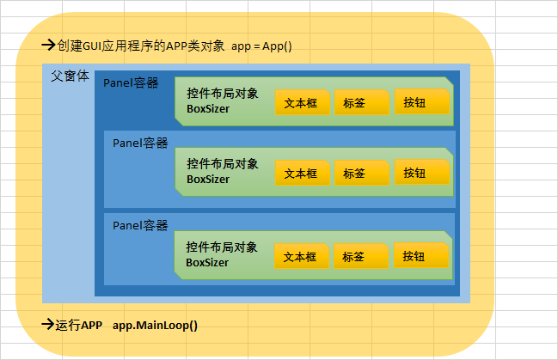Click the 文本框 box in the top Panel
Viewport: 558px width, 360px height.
301,102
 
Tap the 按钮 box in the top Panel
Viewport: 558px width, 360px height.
420,102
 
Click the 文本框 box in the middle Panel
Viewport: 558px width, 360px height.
301,173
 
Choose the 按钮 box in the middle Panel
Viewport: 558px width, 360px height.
420,173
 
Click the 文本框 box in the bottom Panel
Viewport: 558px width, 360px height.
301,256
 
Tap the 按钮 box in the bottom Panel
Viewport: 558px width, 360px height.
420,255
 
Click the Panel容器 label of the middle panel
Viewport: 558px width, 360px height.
140,143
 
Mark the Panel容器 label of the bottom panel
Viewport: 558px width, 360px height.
140,225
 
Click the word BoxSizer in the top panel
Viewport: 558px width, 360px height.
208,109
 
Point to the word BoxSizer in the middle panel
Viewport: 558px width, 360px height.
208,180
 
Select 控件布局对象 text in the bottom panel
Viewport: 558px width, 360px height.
222,247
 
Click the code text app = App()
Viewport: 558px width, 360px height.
262,46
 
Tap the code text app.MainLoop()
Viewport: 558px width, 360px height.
155,326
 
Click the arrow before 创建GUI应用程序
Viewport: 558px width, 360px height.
49,46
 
